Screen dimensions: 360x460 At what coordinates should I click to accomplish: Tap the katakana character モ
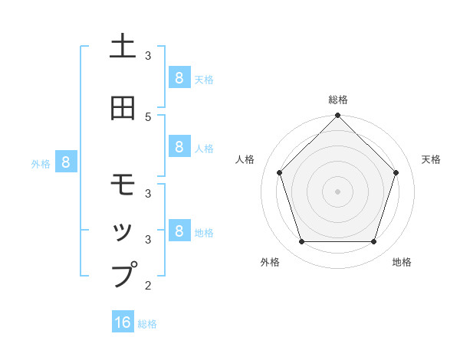coord(123,185)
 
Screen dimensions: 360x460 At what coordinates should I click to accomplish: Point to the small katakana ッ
coord(123,231)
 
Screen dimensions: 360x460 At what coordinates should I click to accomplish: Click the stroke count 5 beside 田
coord(149,116)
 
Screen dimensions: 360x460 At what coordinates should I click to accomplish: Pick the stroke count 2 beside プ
coord(149,286)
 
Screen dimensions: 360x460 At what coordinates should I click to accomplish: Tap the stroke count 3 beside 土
coord(149,55)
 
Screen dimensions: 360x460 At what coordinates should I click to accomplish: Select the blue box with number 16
coord(123,322)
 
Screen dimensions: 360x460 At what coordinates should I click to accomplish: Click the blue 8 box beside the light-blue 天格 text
coord(179,77)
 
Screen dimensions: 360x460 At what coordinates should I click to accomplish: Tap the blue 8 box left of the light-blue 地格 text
coord(179,231)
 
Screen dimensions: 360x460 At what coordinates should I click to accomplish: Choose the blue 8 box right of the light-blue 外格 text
coord(66,162)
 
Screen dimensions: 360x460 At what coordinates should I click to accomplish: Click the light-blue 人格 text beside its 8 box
coord(204,148)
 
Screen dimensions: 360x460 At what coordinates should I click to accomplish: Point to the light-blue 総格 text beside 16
coord(147,324)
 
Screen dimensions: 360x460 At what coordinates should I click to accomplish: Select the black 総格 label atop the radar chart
coord(337,100)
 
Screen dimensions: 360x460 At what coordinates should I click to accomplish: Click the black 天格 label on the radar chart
coord(431,159)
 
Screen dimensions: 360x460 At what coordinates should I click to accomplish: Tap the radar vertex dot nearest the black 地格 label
coord(373,242)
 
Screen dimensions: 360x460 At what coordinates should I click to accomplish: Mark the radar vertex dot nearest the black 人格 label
coord(279,172)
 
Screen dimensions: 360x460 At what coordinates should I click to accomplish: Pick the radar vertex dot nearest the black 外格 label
coord(301,242)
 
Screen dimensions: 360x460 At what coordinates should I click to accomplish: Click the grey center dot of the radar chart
coord(337,191)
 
